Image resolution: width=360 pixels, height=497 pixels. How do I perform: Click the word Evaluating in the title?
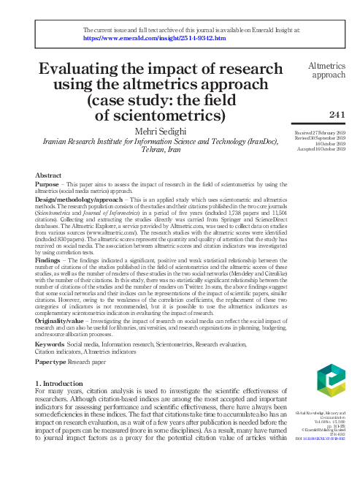pos(82,69)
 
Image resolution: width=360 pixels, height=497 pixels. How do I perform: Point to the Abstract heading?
pos(48,175)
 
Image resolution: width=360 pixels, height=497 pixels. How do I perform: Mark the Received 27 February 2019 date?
pos(325,132)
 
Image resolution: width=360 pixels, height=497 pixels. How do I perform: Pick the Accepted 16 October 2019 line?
pos(327,149)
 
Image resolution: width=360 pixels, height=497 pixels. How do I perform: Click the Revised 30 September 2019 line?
pos(325,137)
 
